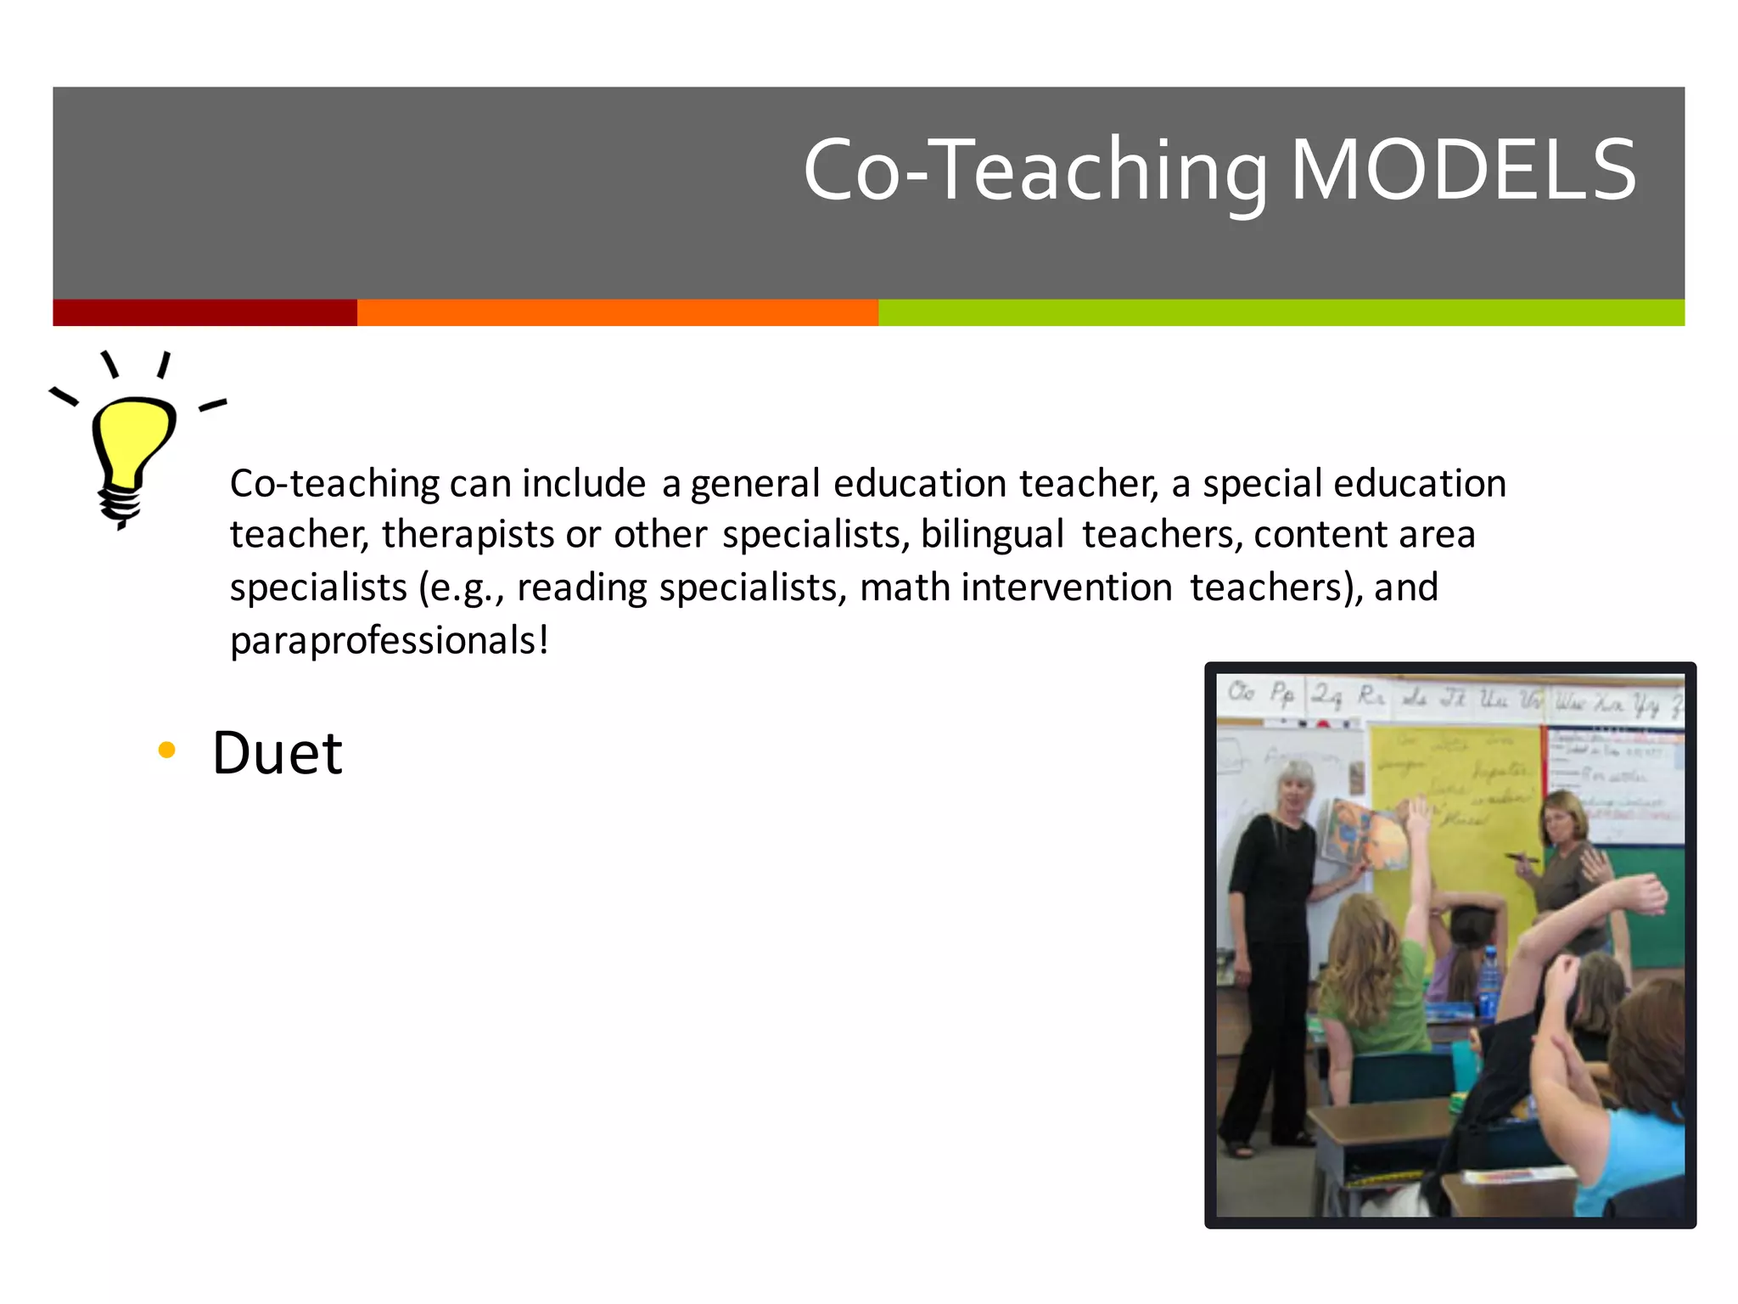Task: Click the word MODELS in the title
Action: [x=1463, y=171]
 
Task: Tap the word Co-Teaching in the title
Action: [x=1035, y=171]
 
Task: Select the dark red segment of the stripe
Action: [x=205, y=312]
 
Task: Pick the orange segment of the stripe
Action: [x=617, y=312]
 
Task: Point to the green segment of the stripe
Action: [x=1281, y=312]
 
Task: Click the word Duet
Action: [x=277, y=753]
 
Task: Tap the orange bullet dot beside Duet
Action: [x=167, y=750]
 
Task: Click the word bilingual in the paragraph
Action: [x=992, y=535]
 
